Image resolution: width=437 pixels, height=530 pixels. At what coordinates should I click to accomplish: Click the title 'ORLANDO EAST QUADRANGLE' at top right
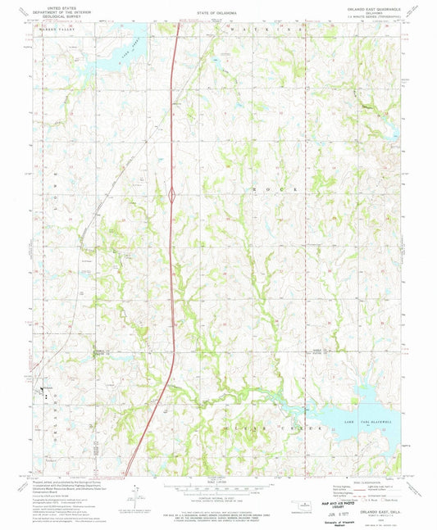(368, 9)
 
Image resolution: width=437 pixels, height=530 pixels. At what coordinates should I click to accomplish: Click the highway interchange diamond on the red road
(172, 195)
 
